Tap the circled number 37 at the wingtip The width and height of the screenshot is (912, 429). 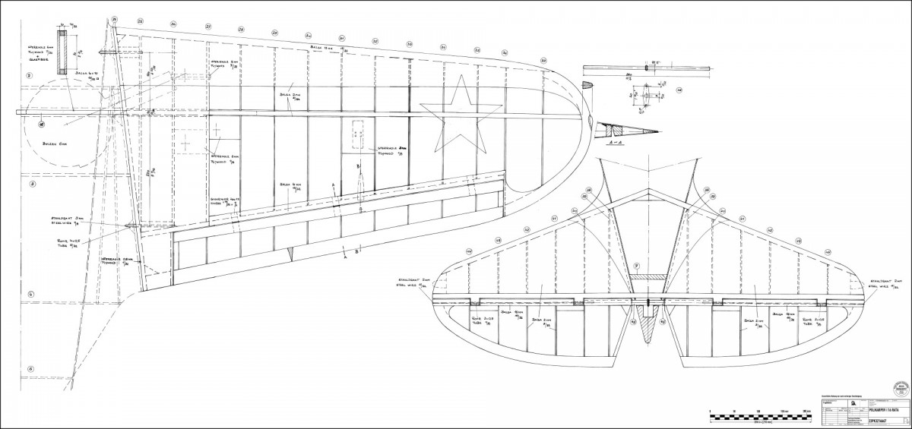[505, 52]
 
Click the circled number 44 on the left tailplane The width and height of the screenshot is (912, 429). [469, 253]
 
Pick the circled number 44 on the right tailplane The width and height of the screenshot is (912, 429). [828, 252]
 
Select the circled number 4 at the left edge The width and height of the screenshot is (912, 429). [30, 295]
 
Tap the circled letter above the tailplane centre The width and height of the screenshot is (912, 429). [637, 266]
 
